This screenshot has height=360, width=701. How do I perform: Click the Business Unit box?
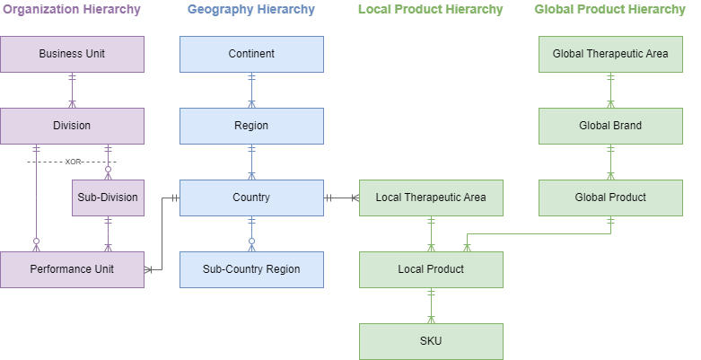point(72,54)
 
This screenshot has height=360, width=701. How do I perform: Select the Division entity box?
point(72,126)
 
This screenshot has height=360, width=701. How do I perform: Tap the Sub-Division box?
point(108,198)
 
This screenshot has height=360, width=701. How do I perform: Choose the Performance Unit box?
point(72,269)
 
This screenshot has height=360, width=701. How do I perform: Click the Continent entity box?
point(251,54)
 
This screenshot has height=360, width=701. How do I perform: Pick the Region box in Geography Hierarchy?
point(251,126)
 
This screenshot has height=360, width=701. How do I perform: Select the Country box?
point(251,198)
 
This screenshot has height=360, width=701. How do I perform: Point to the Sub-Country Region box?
point(251,269)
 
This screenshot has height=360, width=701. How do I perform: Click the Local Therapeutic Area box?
point(431,198)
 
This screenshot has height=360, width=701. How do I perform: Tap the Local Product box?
point(431,269)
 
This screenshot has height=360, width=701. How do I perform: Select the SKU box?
point(431,341)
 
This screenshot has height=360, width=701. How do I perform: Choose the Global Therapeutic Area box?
point(610,54)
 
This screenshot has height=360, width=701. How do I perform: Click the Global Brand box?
point(610,126)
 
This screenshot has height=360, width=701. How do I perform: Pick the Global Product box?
point(610,198)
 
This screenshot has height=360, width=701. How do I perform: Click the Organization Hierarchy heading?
point(72,10)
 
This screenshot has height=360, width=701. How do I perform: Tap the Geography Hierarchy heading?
point(251,10)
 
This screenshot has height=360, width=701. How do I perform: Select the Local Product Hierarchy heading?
point(430,10)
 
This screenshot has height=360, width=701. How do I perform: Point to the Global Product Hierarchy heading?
point(609,10)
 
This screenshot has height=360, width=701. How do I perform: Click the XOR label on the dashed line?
point(73,162)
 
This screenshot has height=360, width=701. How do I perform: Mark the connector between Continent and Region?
point(251,90)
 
